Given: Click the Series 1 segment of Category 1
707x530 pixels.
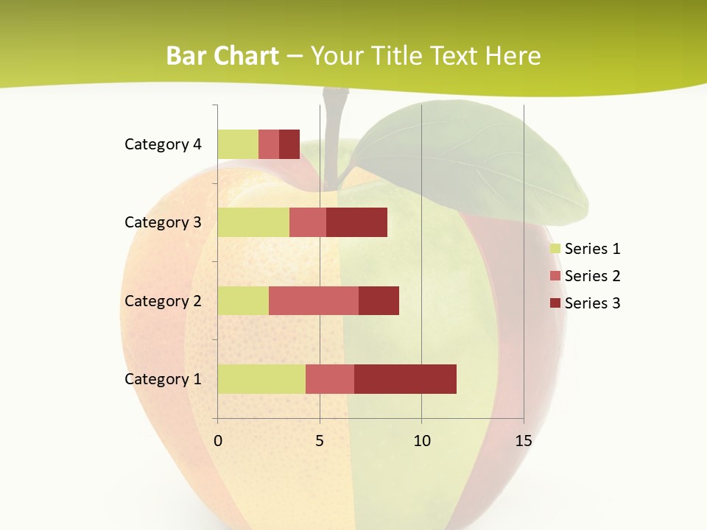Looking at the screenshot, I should (261, 378).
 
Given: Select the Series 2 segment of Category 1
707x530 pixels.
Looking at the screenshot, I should (329, 378).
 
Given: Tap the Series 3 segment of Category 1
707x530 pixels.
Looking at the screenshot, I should (405, 378).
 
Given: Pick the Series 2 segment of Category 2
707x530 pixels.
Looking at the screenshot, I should (313, 300).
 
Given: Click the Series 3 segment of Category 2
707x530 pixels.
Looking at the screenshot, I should (379, 300).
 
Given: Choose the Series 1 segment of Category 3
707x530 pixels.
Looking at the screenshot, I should (253, 222).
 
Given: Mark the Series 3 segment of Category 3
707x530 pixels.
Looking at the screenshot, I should (356, 222).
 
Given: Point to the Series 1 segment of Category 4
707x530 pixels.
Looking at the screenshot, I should (237, 144).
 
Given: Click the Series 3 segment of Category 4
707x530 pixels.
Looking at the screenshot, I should (289, 144).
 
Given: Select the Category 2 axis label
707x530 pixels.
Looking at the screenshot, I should (162, 300).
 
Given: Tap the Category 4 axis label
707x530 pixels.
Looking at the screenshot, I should (162, 144).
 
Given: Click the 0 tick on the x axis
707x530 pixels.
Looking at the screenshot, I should (217, 441).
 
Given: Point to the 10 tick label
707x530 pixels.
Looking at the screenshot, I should (421, 441).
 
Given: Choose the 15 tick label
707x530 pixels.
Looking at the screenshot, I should (523, 441).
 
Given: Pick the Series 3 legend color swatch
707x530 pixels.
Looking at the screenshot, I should (555, 303).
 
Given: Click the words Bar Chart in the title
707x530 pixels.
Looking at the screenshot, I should (222, 55).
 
